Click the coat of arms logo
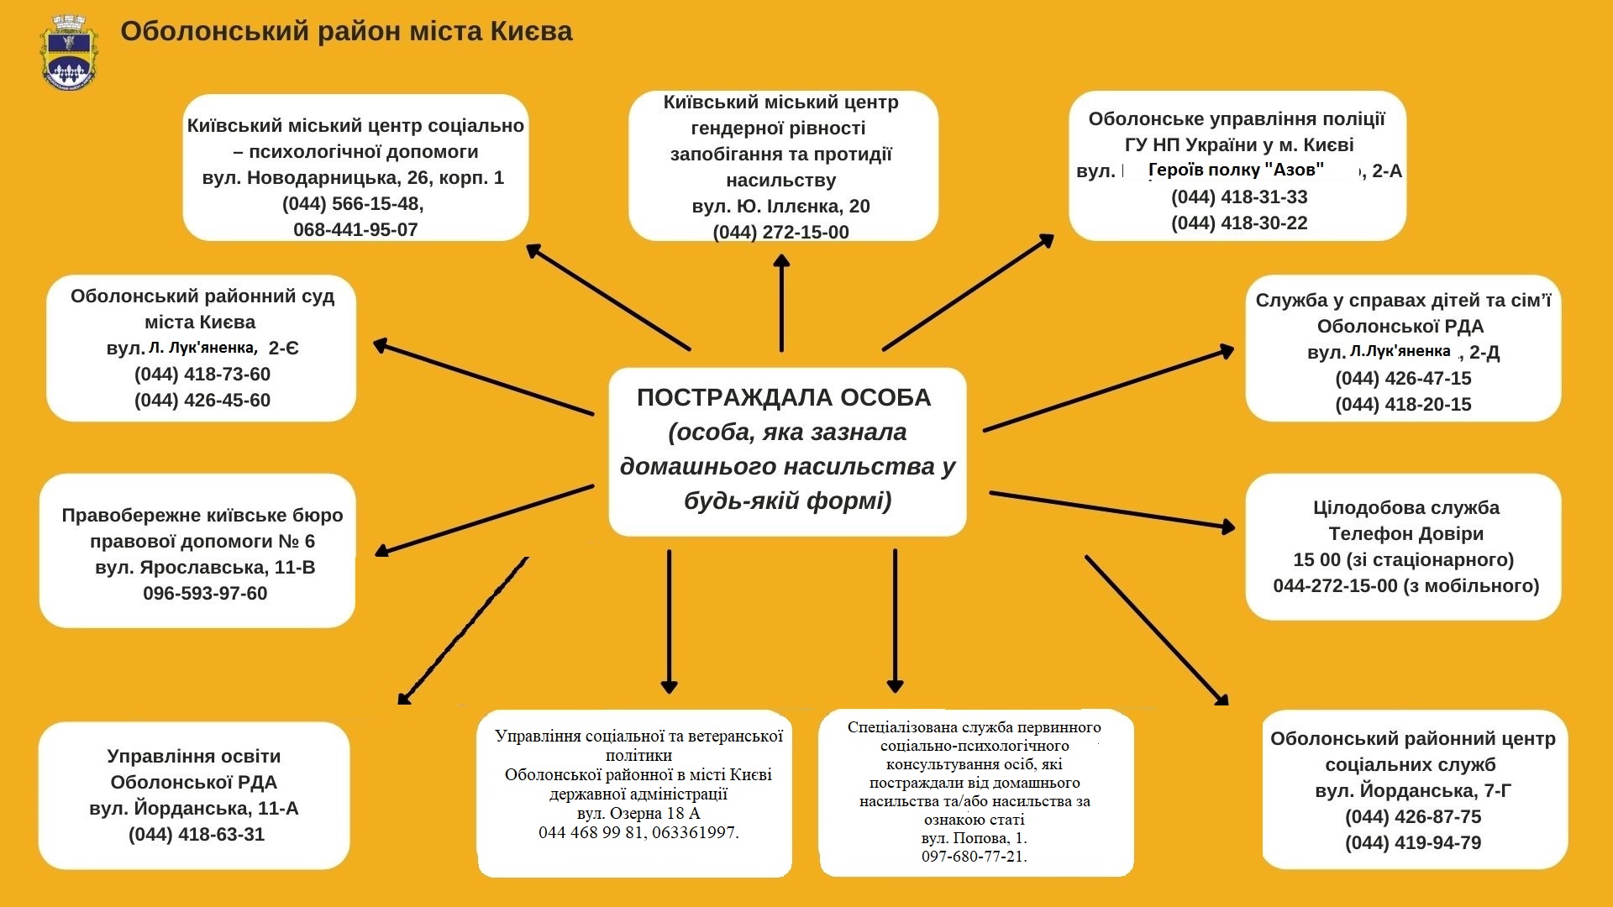tap(70, 52)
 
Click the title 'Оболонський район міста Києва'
tap(346, 32)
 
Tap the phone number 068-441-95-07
tap(355, 230)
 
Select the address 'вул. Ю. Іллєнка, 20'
tap(781, 207)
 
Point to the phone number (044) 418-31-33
tap(1239, 197)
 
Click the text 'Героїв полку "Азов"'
tap(1236, 170)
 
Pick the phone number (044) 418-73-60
tap(202, 375)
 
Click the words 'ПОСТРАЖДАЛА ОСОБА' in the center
tap(784, 397)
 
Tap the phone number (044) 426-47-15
tap(1403, 379)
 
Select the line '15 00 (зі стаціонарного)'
tap(1404, 560)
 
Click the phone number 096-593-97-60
tap(205, 594)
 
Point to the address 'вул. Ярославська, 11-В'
tap(205, 568)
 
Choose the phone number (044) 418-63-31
tap(197, 835)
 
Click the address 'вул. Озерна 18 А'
tap(638, 814)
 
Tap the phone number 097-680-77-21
tap(975, 857)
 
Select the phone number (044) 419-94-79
tap(1413, 843)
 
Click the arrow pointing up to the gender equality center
tap(781, 302)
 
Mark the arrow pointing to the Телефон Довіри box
tap(1112, 511)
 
